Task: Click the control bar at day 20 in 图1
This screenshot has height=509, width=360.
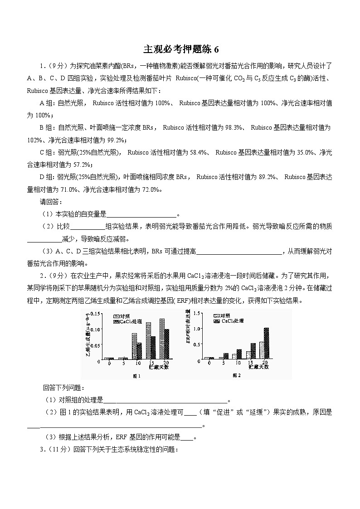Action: (162, 338)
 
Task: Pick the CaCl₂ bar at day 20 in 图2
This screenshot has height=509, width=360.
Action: (266, 343)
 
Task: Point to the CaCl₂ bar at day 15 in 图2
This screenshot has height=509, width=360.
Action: (253, 351)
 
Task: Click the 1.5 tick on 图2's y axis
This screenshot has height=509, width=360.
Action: (195, 313)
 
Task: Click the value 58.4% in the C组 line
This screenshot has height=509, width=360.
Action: (199, 153)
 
